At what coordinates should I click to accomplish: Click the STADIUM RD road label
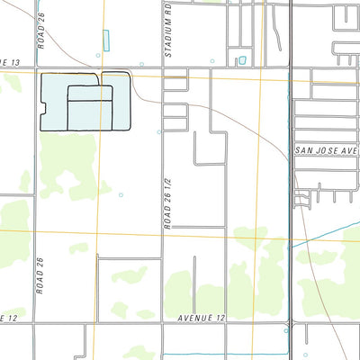click(168, 31)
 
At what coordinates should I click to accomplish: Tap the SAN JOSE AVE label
click(326, 151)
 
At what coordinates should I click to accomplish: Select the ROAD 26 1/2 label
click(168, 203)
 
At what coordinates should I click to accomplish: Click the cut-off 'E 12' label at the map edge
click(8, 318)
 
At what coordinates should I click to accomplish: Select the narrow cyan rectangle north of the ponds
click(106, 40)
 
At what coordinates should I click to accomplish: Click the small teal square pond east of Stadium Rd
click(241, 61)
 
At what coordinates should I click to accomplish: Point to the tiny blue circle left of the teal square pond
click(212, 62)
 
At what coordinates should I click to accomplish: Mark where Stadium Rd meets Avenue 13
click(163, 68)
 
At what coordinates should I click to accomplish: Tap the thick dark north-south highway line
click(291, 180)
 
